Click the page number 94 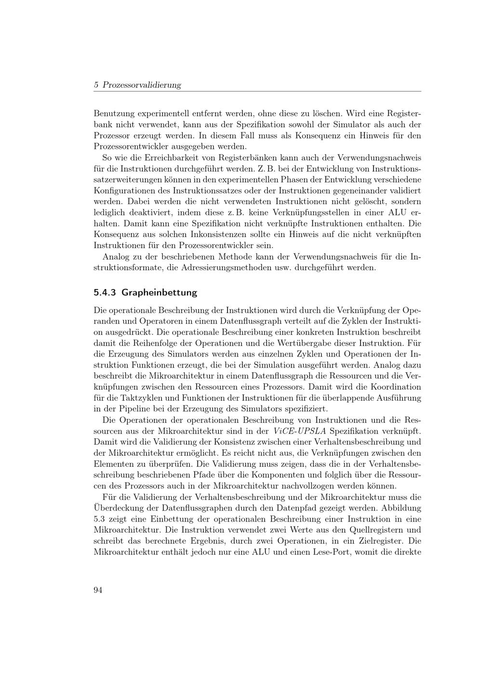(98, 590)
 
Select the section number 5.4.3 (105, 292)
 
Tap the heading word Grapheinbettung (160, 292)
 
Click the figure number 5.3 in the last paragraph (100, 519)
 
